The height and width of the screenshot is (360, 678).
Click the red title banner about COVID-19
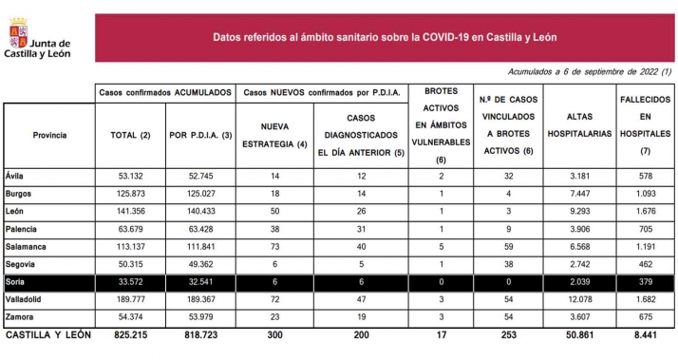pyautogui.click(x=385, y=37)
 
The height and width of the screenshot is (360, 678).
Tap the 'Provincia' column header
pyautogui.click(x=49, y=136)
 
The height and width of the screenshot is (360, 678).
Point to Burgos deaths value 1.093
pyautogui.click(x=645, y=193)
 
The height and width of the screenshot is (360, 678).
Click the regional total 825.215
pyautogui.click(x=130, y=335)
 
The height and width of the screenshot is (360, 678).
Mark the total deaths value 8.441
pyautogui.click(x=645, y=335)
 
